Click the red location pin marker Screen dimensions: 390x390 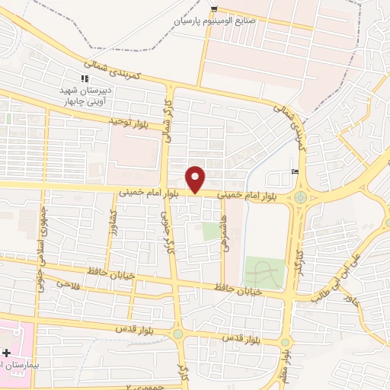click(x=197, y=179)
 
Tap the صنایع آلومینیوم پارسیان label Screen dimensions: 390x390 click(x=216, y=21)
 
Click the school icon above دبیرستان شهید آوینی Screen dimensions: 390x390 click(x=85, y=78)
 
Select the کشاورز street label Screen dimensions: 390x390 click(x=113, y=220)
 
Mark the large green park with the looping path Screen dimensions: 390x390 click(x=264, y=272)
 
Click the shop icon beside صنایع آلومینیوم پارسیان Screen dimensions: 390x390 click(x=216, y=9)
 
